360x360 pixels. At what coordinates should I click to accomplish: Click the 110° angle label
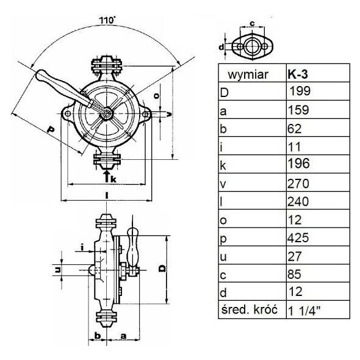pyautogui.click(x=107, y=20)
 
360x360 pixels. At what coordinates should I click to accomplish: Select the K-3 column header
pyautogui.click(x=298, y=74)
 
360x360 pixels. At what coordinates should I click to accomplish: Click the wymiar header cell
pyautogui.click(x=248, y=75)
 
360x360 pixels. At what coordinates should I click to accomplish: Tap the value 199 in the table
pyautogui.click(x=300, y=91)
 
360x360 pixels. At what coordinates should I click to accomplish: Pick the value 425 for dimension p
pyautogui.click(x=298, y=237)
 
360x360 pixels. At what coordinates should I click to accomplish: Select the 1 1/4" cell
pyautogui.click(x=304, y=311)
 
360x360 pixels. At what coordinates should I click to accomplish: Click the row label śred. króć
pyautogui.click(x=250, y=309)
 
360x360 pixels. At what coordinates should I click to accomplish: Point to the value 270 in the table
pyautogui.click(x=298, y=184)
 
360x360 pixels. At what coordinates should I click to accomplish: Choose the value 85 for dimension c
pyautogui.click(x=294, y=274)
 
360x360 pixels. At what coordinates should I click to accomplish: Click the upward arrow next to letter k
pyautogui.click(x=106, y=176)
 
